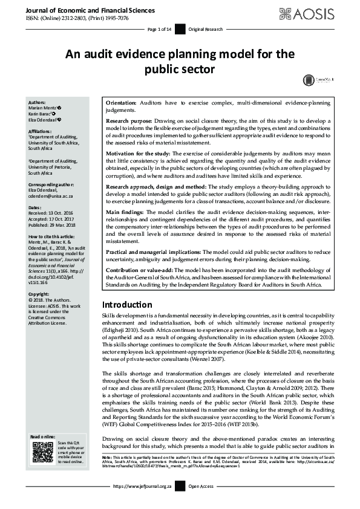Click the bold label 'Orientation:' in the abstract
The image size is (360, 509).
120,104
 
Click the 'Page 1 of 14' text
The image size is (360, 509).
160,29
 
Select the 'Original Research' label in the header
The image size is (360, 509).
205,29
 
